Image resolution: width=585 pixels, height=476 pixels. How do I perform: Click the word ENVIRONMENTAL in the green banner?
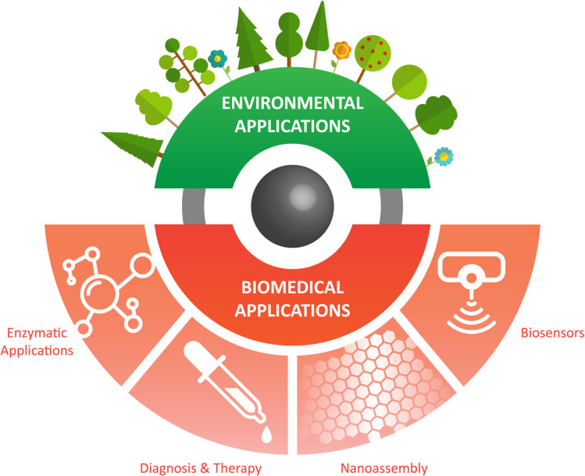[x=291, y=103]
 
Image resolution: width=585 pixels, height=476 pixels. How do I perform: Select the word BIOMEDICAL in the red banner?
[x=291, y=285]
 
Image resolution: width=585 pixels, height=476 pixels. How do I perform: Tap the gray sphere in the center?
[x=291, y=200]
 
